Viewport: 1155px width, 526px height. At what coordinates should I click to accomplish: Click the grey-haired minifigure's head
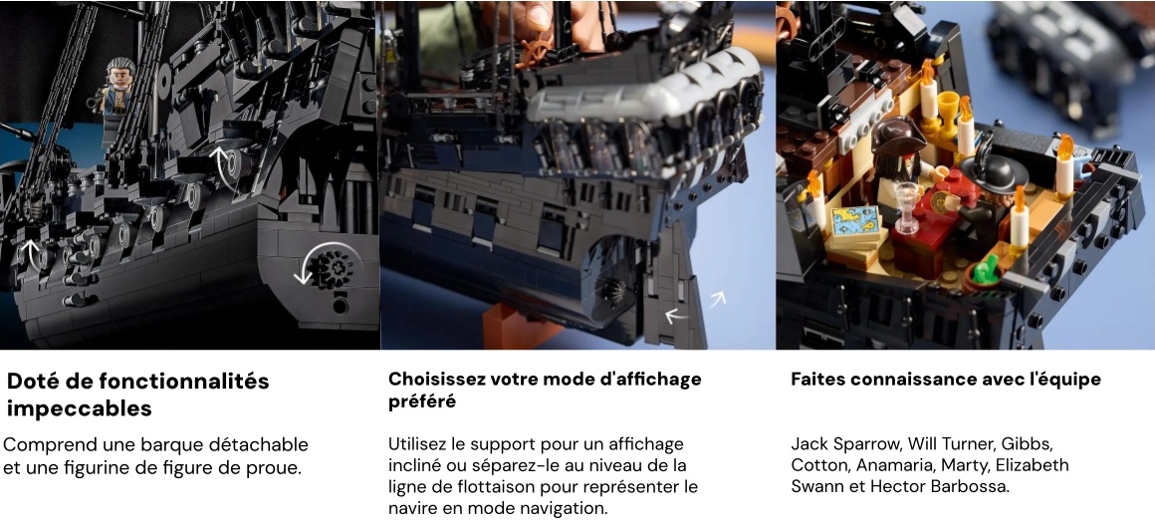120,73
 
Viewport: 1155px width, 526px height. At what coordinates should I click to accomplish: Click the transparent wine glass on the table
907,205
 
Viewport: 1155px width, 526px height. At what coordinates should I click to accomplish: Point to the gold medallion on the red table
938,201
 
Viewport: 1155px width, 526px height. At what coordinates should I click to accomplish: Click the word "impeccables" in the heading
79,408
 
